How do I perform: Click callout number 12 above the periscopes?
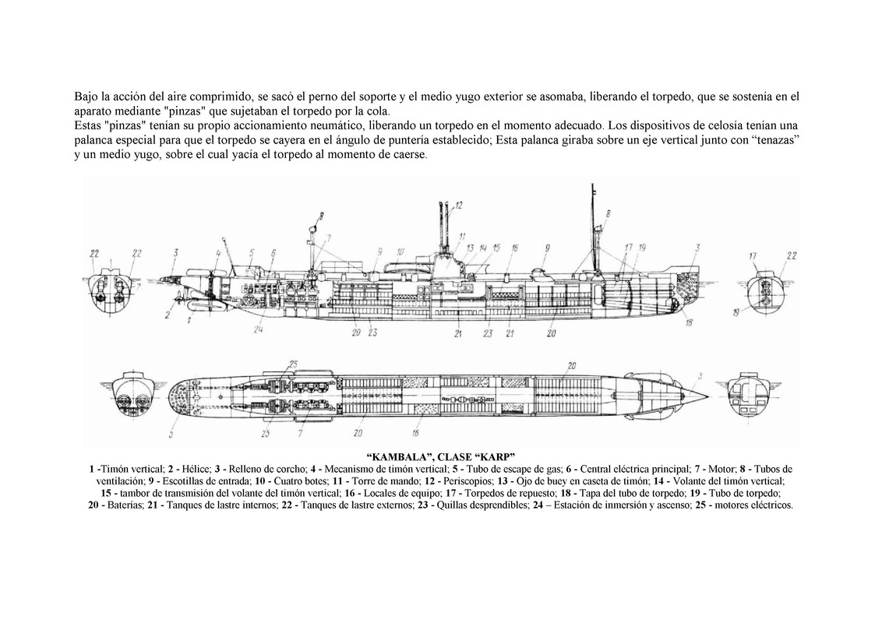(459, 205)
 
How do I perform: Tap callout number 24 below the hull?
(258, 329)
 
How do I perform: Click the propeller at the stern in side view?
(179, 301)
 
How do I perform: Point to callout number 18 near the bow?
(689, 322)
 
